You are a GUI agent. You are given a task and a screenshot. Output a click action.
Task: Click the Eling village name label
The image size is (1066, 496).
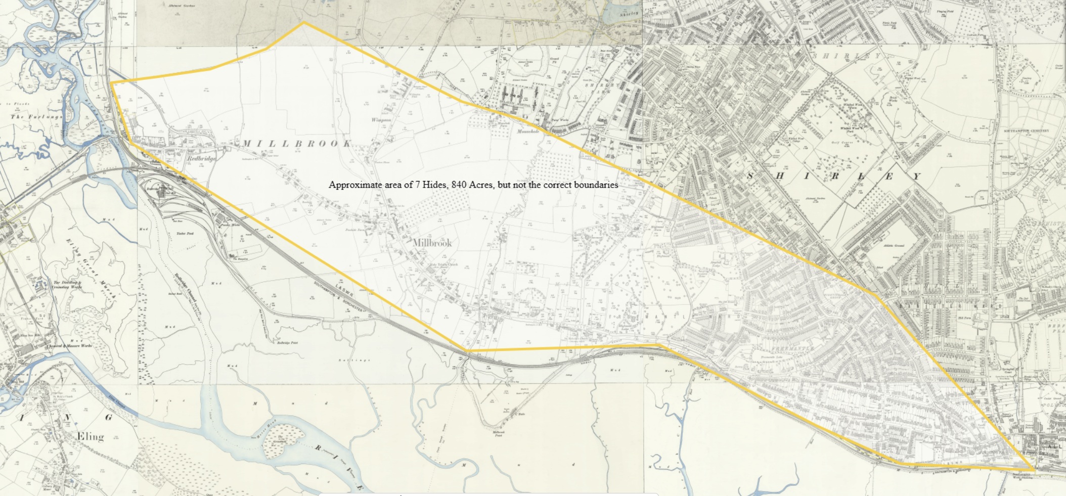tap(90, 436)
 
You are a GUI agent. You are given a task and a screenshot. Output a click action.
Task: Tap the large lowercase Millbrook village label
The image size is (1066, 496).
tap(432, 243)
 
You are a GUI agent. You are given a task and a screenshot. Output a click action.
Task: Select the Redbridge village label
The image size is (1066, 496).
tap(201, 158)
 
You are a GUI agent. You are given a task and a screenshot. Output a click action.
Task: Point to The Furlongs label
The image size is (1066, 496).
tap(37, 117)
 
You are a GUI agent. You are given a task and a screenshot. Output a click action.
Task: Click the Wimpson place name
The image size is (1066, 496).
tap(381, 120)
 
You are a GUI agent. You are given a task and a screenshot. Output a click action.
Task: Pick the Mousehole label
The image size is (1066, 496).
tap(528, 131)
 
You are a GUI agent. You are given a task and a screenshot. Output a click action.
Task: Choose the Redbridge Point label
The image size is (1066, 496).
tap(287, 343)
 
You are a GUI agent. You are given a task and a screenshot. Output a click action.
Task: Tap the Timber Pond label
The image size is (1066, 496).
tap(185, 234)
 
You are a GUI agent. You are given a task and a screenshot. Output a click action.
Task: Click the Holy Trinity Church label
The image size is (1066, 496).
tap(443, 264)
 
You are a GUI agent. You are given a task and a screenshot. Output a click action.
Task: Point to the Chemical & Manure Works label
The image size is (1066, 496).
tap(69, 346)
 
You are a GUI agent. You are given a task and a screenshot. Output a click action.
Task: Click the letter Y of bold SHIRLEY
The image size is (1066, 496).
tap(916, 176)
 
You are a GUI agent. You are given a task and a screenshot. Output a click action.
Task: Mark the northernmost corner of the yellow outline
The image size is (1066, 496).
tap(303, 22)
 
